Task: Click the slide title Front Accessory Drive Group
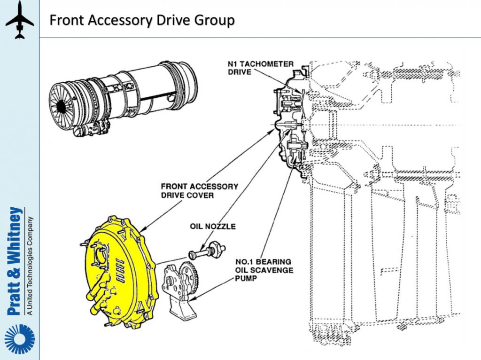click(x=142, y=21)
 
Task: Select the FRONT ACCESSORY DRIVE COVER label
click(x=199, y=191)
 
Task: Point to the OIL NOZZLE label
click(x=212, y=227)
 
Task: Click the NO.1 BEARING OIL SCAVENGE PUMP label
click(x=264, y=270)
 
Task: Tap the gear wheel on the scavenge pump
click(x=190, y=277)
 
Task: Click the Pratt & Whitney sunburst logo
click(x=19, y=339)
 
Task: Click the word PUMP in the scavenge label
click(x=245, y=278)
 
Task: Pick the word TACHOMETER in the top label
click(x=269, y=64)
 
